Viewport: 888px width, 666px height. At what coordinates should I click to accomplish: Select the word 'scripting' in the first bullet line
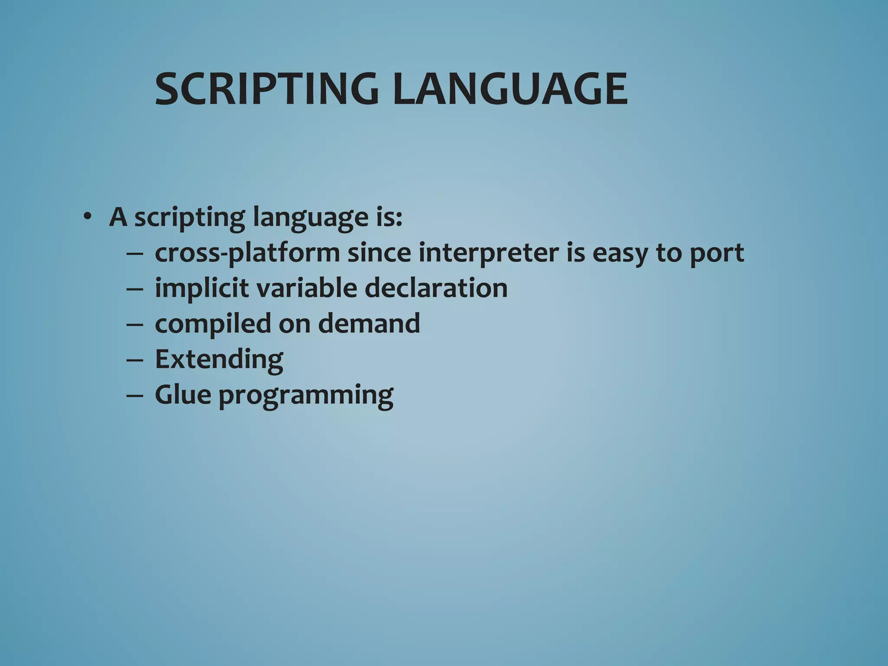point(189,217)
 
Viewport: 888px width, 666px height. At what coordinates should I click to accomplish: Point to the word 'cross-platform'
point(247,253)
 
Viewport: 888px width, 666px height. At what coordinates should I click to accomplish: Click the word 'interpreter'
point(488,254)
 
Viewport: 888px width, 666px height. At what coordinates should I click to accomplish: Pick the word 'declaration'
point(436,288)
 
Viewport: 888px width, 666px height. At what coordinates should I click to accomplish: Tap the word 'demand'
point(369,324)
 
